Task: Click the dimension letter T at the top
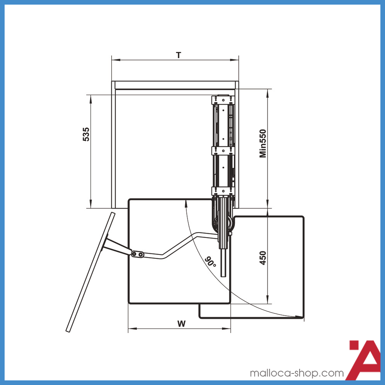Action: (x=179, y=55)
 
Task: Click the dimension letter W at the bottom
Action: (x=181, y=324)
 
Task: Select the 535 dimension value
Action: (x=86, y=134)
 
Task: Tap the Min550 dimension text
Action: (x=263, y=143)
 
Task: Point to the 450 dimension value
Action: (x=263, y=258)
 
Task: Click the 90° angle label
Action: (x=210, y=262)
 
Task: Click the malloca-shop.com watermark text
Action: (x=296, y=373)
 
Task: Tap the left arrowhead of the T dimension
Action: (x=116, y=60)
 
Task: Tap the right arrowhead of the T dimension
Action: (x=234, y=60)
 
